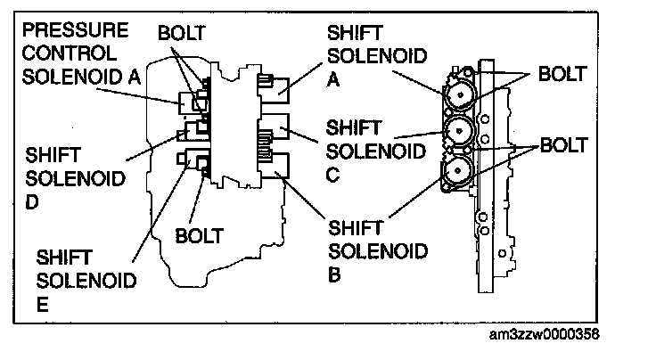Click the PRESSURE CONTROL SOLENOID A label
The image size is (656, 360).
click(x=81, y=53)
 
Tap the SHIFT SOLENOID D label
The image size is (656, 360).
click(x=75, y=178)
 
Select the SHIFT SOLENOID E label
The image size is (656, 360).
click(x=86, y=281)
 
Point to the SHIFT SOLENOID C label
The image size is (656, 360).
click(x=376, y=151)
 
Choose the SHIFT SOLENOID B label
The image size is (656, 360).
click(x=378, y=251)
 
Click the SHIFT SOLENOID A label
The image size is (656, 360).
click(x=376, y=55)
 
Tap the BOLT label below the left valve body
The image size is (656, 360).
click(x=199, y=236)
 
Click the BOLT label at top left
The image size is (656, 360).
click(x=182, y=33)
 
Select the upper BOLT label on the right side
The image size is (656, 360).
click(x=562, y=74)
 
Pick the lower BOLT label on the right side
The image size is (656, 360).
click(x=564, y=145)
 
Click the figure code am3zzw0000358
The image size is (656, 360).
click(x=544, y=334)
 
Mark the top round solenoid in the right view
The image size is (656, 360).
click(x=460, y=94)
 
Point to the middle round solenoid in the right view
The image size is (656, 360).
click(x=459, y=131)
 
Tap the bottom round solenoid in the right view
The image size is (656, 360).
click(x=457, y=170)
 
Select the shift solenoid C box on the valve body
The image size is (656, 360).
click(x=274, y=127)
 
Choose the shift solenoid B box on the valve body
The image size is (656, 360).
click(x=275, y=166)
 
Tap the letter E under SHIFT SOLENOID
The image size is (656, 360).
click(x=42, y=305)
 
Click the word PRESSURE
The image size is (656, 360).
click(x=75, y=30)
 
